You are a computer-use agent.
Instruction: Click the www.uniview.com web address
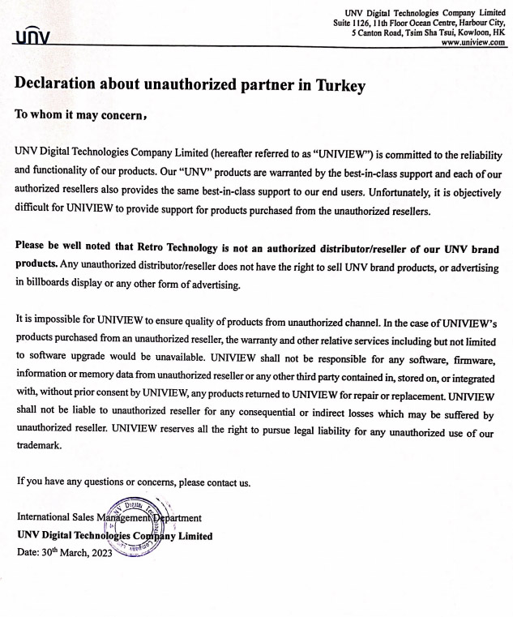tap(473, 43)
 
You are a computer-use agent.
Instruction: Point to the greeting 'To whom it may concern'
tap(79, 115)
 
